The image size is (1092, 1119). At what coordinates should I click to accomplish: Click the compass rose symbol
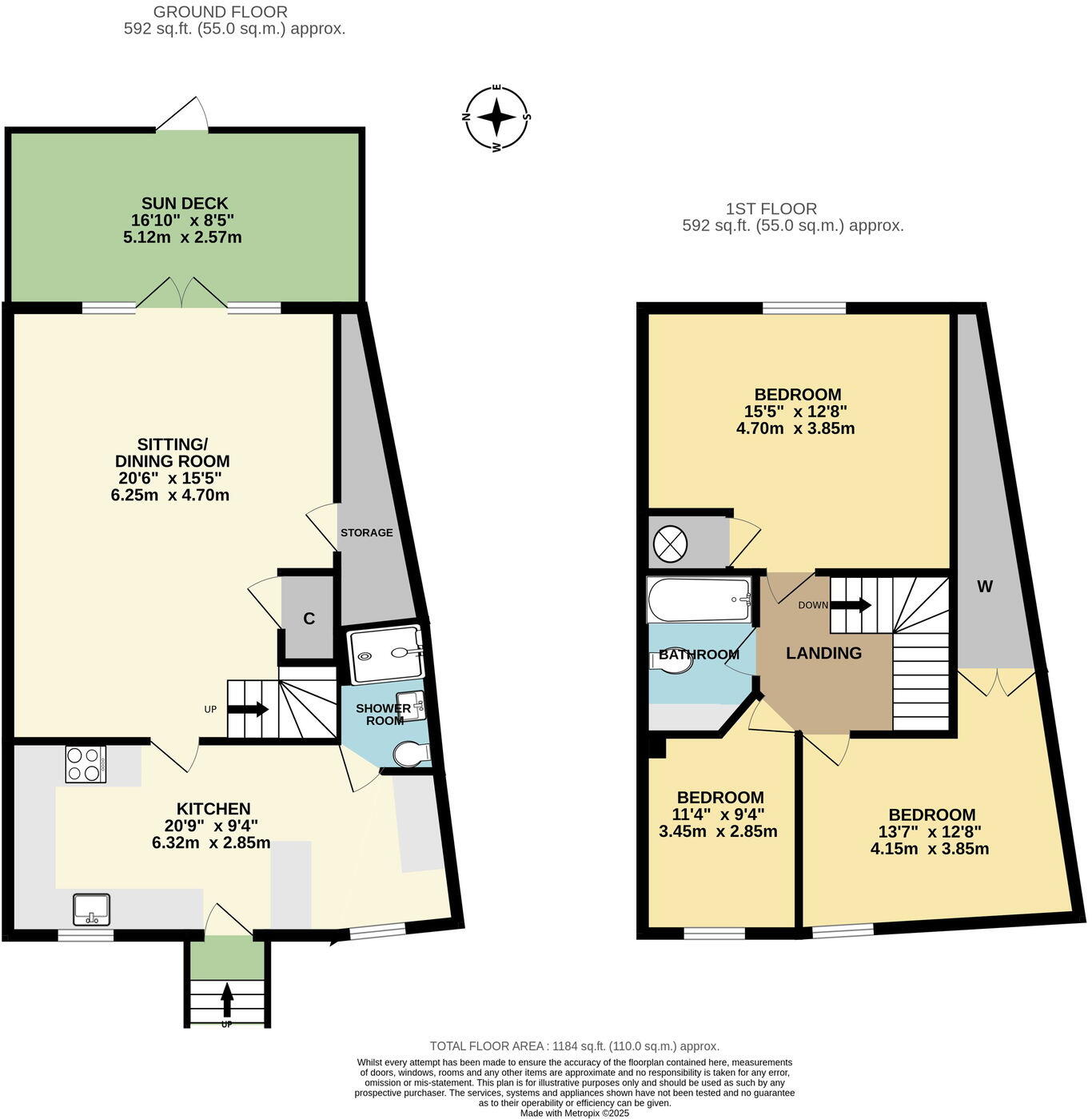[x=497, y=117]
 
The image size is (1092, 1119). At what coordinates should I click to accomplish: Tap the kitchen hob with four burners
[x=85, y=764]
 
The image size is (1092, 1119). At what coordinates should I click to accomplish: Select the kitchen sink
[x=92, y=910]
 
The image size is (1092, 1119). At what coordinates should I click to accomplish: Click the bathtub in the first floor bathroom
[x=699, y=600]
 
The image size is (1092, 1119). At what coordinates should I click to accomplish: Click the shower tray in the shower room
[x=385, y=655]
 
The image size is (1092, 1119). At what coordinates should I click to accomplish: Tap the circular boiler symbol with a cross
[x=670, y=545]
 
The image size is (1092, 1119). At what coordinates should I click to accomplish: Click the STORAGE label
[x=367, y=532]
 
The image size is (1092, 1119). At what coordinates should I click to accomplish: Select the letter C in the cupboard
[x=309, y=619]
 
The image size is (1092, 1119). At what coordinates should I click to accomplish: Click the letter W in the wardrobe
[x=985, y=587]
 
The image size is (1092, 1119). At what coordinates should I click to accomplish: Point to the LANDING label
[x=823, y=653]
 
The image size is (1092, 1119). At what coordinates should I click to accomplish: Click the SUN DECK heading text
[x=185, y=203]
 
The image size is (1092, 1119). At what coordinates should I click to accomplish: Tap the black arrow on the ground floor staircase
[x=257, y=709]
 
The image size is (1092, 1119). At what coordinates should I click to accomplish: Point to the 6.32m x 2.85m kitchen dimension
[x=211, y=842]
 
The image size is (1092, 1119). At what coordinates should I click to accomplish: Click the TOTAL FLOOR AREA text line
[x=575, y=1046]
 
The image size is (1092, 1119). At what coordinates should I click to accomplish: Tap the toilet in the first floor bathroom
[x=674, y=660]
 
